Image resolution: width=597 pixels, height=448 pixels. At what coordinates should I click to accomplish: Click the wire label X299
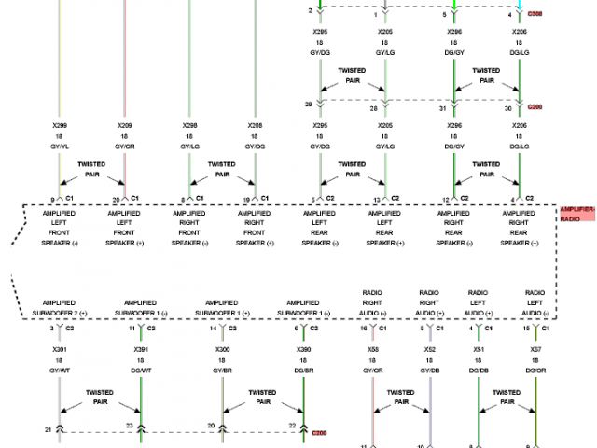click(x=59, y=125)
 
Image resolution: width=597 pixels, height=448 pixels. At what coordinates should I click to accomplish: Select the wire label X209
click(x=124, y=125)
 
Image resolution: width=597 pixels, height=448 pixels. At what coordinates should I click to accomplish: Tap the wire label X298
click(x=189, y=125)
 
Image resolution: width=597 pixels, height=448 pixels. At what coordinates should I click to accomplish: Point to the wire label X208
click(x=255, y=125)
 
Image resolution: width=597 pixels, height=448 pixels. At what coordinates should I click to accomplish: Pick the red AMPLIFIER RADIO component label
click(x=576, y=214)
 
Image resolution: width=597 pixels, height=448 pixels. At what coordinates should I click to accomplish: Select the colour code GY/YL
click(x=59, y=147)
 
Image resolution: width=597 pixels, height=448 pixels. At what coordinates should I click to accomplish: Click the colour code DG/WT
click(x=141, y=371)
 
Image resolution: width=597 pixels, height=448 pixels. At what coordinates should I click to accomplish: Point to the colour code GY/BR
click(x=222, y=371)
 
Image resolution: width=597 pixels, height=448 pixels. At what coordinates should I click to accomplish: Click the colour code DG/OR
click(x=535, y=371)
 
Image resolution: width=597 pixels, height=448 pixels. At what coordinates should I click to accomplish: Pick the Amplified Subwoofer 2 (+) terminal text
click(x=59, y=308)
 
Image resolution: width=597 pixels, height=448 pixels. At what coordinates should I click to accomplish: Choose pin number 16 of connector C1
click(x=363, y=328)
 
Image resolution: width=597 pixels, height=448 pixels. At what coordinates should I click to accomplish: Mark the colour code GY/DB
click(x=429, y=371)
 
